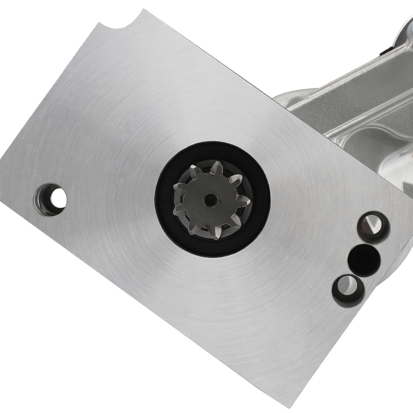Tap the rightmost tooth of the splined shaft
(x=245, y=202)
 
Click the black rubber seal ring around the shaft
(x=213, y=248)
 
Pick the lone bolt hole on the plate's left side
(x=50, y=199)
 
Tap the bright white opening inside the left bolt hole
(x=59, y=199)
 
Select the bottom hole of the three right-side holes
(x=348, y=291)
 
